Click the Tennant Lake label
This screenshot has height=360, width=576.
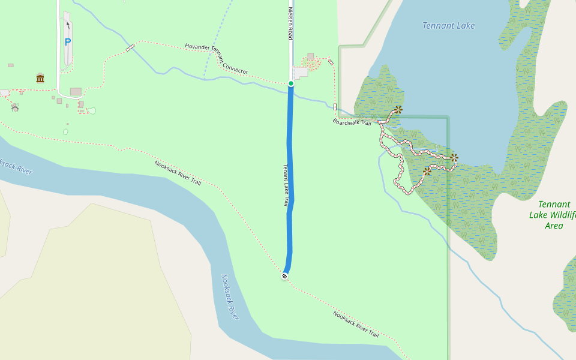(448, 26)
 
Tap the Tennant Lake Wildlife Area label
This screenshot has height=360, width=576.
(553, 215)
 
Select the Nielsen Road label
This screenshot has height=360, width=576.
(290, 24)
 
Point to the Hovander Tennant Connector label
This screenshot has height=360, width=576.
(216, 58)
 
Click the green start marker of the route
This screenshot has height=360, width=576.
(291, 83)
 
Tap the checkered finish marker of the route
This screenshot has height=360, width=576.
(284, 276)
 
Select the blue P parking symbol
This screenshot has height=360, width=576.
(68, 43)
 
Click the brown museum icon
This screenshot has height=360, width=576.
(40, 78)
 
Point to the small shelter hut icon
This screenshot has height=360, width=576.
(15, 107)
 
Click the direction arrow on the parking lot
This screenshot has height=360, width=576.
(68, 25)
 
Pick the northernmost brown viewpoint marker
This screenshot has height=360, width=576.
(398, 110)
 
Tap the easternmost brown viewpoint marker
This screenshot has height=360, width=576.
(454, 158)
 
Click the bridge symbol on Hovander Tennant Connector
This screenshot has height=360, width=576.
(130, 48)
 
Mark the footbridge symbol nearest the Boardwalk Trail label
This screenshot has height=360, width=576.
(335, 107)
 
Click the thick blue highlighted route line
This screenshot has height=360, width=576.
(290, 180)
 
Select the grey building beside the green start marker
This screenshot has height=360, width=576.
(301, 73)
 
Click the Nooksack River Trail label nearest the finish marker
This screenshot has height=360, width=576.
(356, 323)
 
